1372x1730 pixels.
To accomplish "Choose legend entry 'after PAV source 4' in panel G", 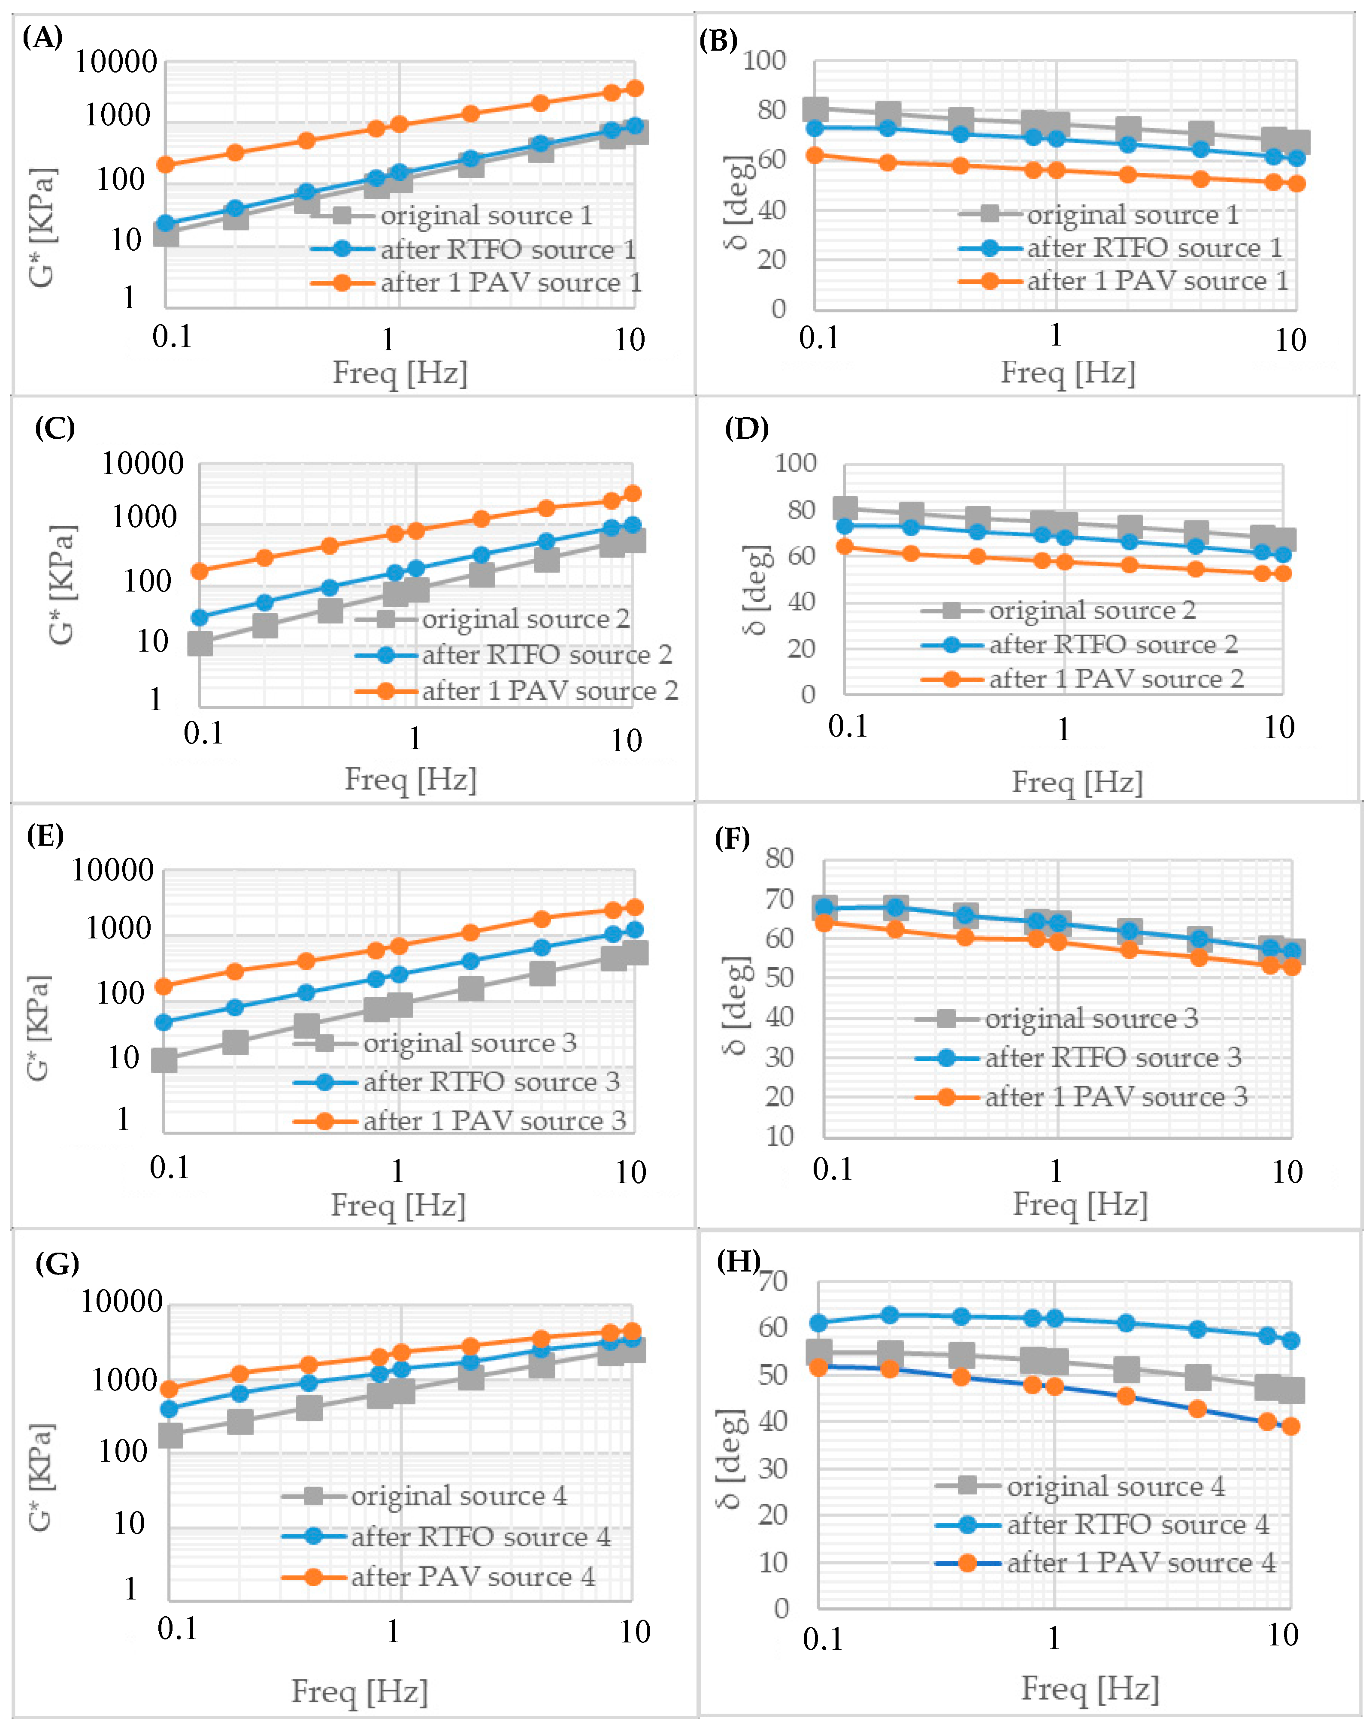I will click(472, 1577).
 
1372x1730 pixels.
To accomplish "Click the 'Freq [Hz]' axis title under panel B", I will click(1068, 372).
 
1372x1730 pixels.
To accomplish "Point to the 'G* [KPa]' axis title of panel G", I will click(40, 1477).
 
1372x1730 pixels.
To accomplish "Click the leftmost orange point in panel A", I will click(165, 164).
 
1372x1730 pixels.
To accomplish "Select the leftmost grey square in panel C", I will click(200, 643).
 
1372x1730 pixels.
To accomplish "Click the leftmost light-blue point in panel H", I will click(818, 1323).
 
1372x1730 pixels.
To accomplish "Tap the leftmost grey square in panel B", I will click(815, 110).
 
